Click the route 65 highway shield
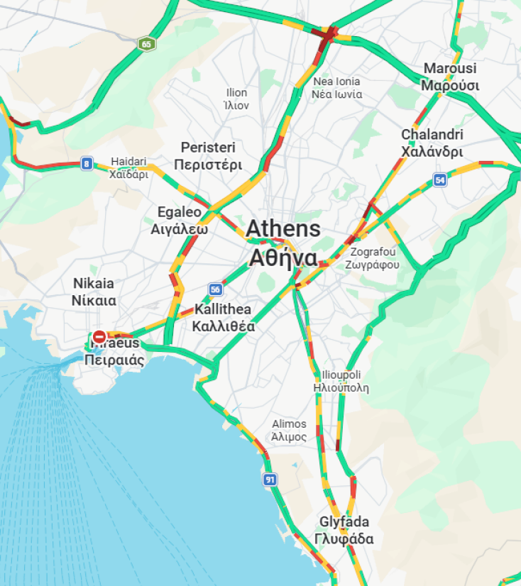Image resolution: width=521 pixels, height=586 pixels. point(146,44)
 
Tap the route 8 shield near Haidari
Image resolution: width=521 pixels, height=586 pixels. point(87,164)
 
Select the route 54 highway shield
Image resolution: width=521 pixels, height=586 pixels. point(440,180)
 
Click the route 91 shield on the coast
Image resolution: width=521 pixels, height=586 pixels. point(270,480)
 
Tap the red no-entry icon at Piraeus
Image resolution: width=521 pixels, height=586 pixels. point(100,336)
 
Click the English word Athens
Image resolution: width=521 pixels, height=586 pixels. point(283,229)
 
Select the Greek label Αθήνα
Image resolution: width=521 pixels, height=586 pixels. point(283,258)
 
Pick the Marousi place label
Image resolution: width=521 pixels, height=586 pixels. point(450,77)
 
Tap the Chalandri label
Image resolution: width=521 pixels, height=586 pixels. point(432,143)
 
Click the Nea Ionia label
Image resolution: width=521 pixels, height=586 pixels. point(338,87)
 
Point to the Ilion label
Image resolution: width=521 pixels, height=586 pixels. point(236,99)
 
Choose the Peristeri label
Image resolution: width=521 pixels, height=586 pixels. point(208,156)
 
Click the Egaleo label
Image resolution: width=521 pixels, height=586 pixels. point(179,220)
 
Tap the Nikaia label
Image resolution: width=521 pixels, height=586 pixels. point(93,291)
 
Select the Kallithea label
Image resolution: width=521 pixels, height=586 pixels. point(223,318)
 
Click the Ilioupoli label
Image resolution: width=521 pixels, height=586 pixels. point(341,381)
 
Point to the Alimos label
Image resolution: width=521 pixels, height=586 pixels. point(290,430)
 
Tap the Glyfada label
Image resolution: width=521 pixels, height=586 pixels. point(344,530)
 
